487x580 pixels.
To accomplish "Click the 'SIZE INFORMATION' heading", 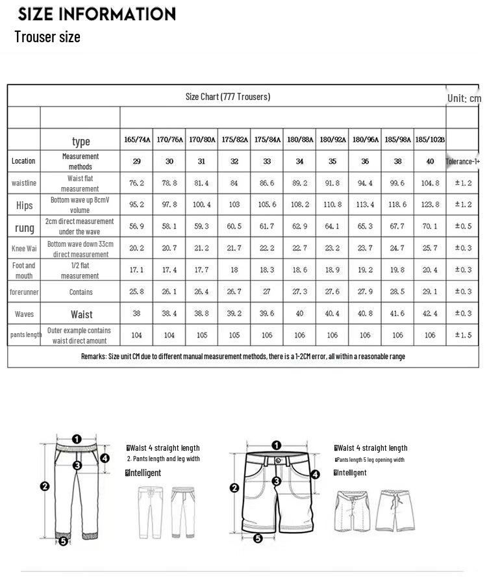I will pos(97,14).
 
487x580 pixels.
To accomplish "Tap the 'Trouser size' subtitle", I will pos(47,37).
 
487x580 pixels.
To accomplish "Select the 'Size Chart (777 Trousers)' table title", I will pos(227,97).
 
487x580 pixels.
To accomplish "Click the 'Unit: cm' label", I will pos(464,98).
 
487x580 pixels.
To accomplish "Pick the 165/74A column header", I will pos(137,140).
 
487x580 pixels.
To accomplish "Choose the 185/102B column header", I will pos(430,140).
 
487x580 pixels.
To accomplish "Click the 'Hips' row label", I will pos(24,205).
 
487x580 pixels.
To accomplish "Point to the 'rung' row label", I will pos(24,227).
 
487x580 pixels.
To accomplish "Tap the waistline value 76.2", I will pos(136,183).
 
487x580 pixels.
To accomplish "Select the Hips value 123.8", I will pos(430,205).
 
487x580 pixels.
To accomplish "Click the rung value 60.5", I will pos(234,227).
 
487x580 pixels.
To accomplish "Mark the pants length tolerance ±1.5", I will pos(462,335).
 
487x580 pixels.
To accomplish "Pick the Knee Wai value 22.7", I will pos(299,248).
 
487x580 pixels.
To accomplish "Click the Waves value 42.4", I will pos(430,314).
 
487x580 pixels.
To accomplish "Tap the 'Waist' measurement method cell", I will pos(81,314).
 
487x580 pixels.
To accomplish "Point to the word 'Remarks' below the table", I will pos(95,357).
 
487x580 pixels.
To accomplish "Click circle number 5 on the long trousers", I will pos(63,540).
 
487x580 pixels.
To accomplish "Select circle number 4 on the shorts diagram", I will pos(315,475).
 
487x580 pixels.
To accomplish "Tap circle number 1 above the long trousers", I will pos(77,439).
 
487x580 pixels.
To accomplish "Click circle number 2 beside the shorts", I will pos(234,488).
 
